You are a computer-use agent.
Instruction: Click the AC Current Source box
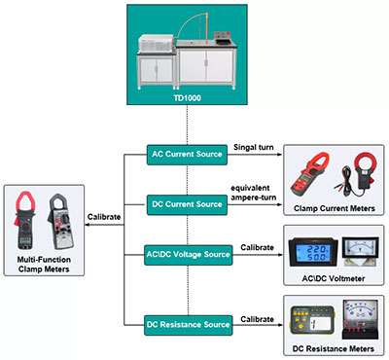point(188,154)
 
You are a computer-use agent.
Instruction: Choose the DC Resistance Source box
point(188,323)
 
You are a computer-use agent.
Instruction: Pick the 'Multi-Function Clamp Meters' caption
point(42,255)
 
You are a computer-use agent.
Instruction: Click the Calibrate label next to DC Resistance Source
point(257,315)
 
